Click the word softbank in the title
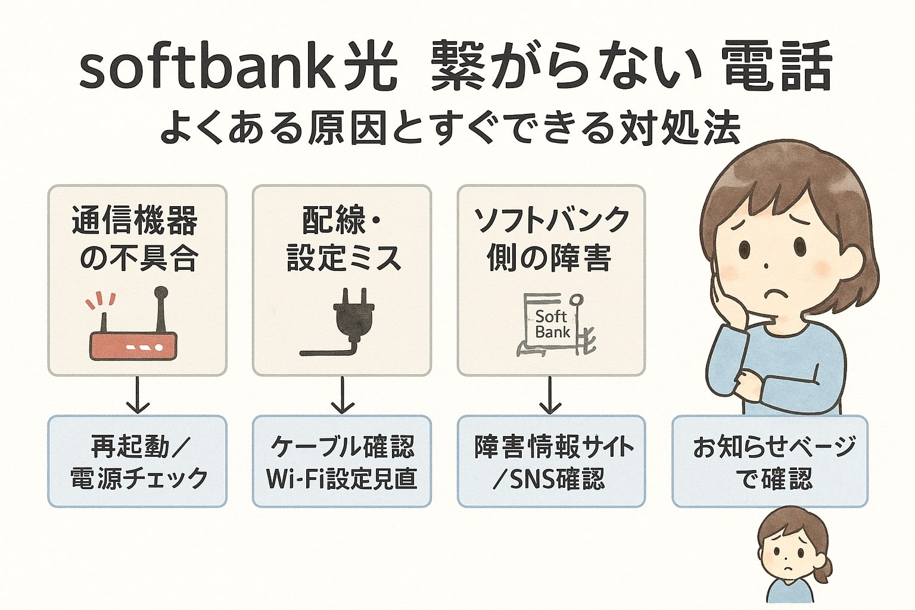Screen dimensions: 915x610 213,70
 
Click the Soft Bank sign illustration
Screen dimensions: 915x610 553,325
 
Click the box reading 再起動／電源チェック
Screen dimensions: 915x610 137,461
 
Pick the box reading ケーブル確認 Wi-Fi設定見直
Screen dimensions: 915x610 342,461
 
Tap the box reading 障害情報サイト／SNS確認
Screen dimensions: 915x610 551,461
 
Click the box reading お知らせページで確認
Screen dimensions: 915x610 770,461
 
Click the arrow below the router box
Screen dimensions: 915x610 138,395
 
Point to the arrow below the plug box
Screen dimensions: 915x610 343,395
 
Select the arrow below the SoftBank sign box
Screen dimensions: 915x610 550,395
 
